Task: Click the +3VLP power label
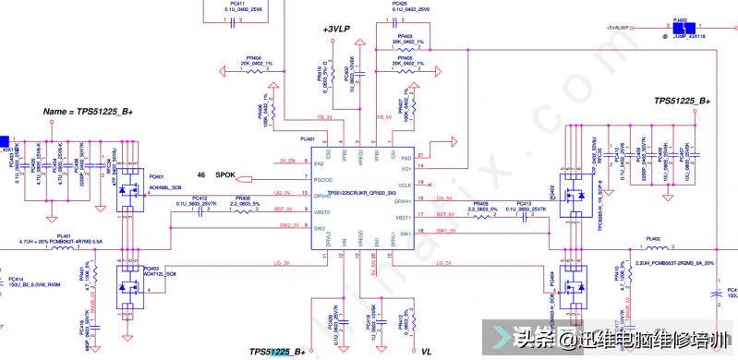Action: point(336,30)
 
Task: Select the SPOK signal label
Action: point(226,174)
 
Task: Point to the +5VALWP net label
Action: point(617,29)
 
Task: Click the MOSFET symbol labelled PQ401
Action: point(130,197)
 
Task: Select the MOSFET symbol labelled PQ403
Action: point(128,286)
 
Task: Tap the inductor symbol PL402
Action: point(655,247)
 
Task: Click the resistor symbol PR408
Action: point(243,210)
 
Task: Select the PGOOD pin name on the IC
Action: point(322,179)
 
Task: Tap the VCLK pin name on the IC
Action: point(405,185)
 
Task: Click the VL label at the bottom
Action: point(427,352)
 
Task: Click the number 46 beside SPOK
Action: point(200,174)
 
